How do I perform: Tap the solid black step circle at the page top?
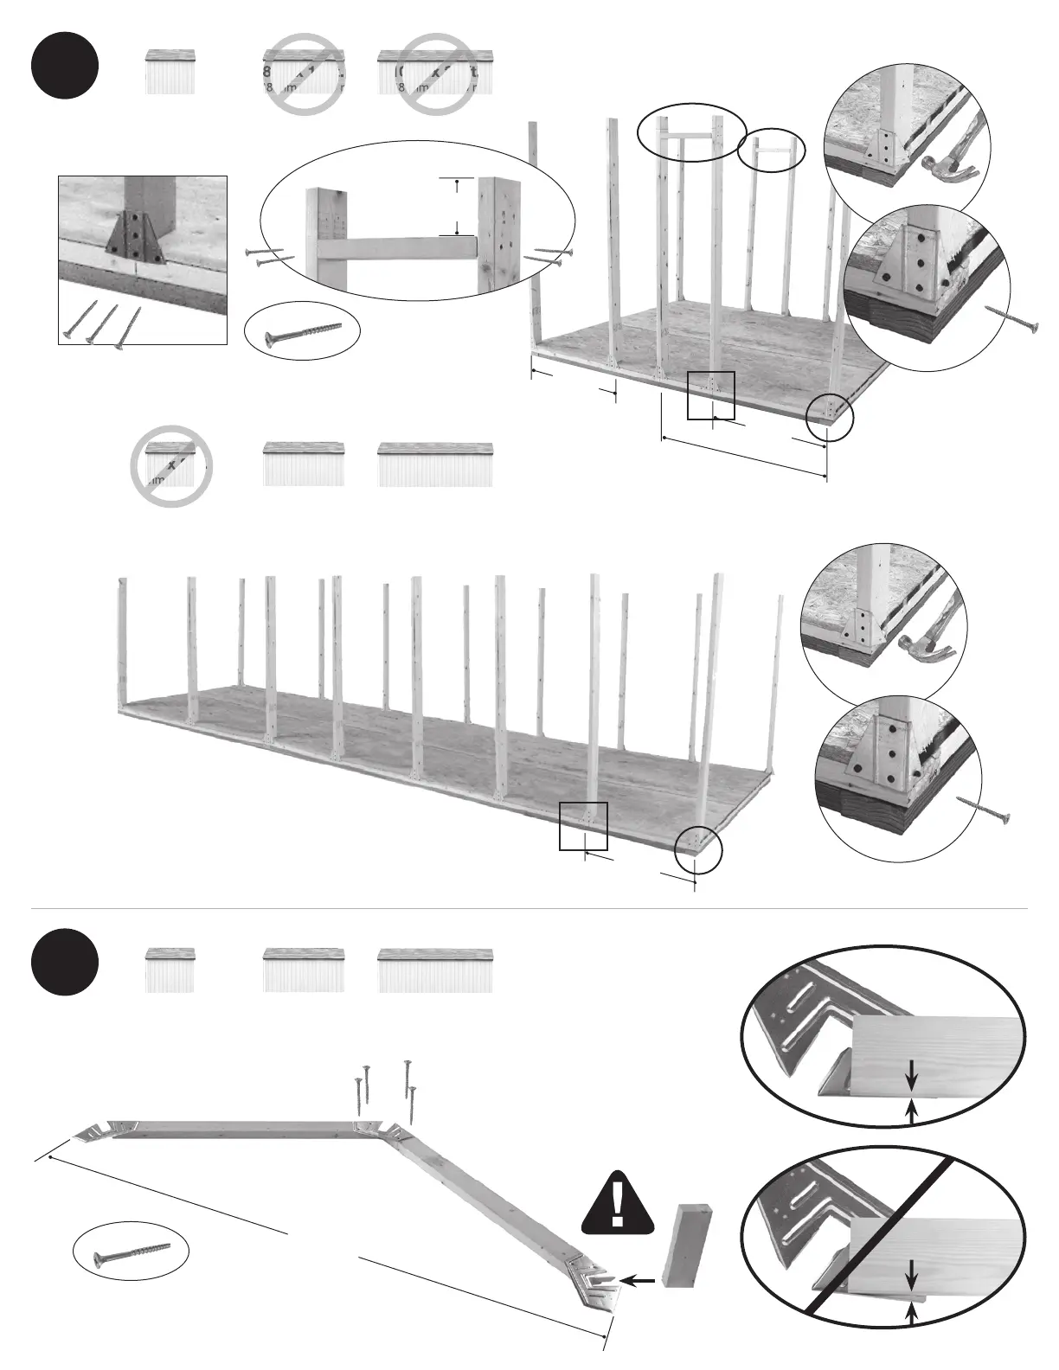65,66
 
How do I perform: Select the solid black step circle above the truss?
65,962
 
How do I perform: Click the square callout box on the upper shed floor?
710,395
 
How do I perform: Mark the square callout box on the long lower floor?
583,826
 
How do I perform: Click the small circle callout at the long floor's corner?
697,848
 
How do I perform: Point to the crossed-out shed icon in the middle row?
170,465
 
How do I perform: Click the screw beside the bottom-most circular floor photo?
984,809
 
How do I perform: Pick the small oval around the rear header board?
771,150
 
